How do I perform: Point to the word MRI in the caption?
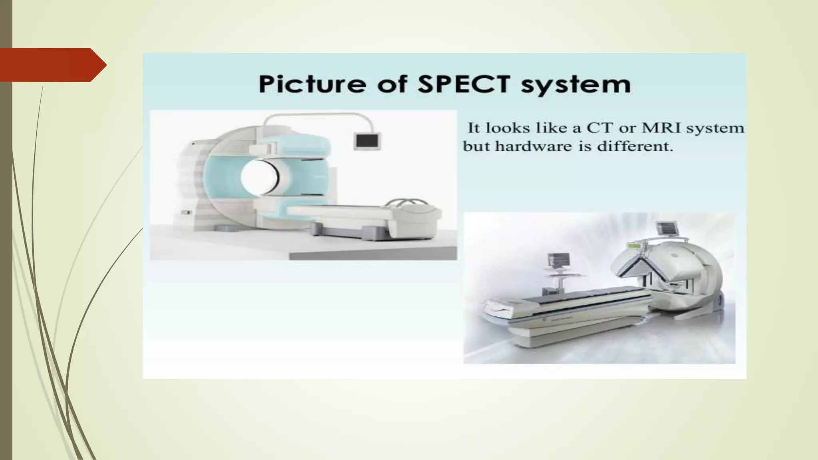661,128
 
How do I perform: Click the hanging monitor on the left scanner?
367,141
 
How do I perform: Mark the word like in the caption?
547,128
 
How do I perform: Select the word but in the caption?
477,146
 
